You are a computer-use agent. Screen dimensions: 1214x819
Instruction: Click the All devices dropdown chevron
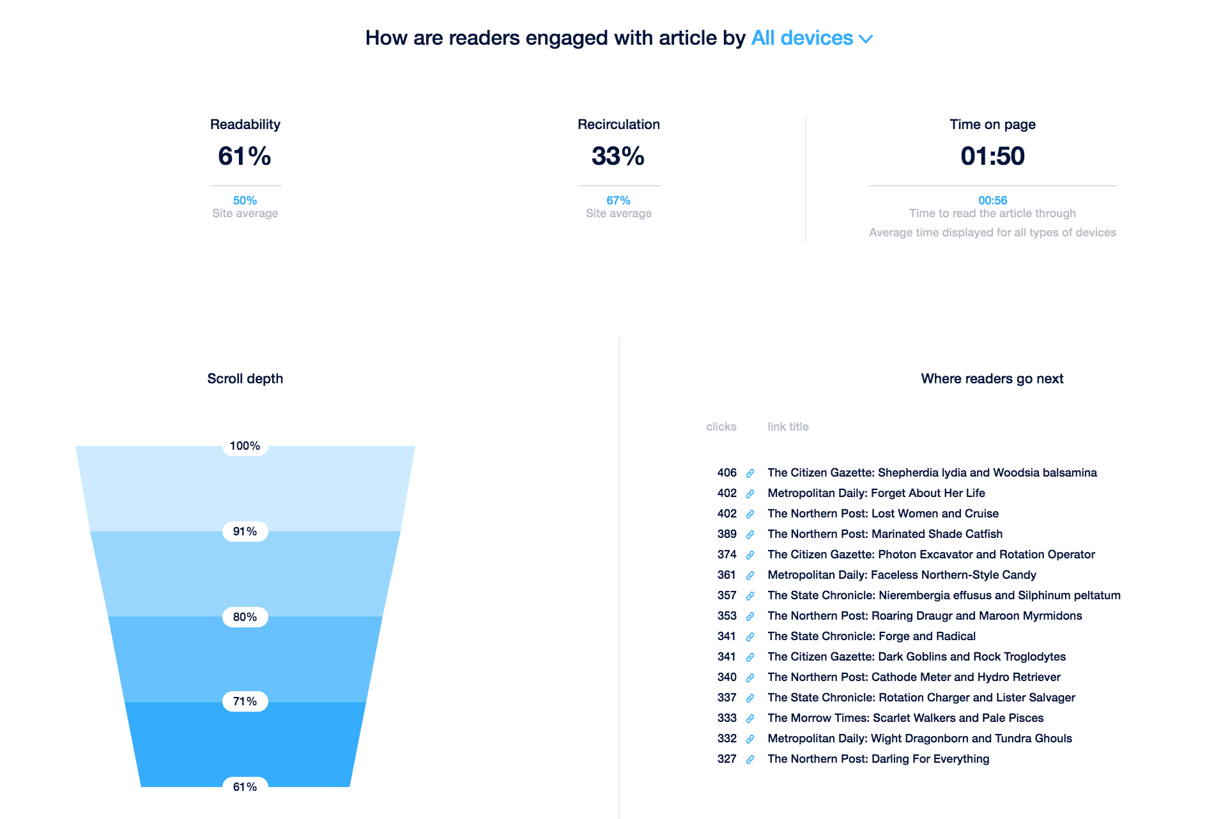(x=866, y=39)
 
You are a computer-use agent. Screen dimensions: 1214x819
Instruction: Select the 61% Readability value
(x=245, y=156)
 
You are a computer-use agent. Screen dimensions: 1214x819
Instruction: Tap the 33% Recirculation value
(x=618, y=156)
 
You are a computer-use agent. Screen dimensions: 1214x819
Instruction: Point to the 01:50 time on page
(x=992, y=156)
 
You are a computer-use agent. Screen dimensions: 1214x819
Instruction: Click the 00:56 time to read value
(x=992, y=201)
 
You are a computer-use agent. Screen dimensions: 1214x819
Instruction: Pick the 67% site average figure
(x=619, y=201)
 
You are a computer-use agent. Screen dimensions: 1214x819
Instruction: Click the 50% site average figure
(x=245, y=201)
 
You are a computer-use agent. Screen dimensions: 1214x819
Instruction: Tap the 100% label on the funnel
(x=245, y=446)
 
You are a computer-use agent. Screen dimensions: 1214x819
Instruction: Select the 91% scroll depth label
(x=245, y=532)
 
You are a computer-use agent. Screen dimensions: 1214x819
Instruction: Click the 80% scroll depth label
(x=245, y=617)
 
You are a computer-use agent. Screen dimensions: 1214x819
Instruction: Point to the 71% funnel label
(x=245, y=701)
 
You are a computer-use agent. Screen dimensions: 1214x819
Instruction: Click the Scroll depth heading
(x=245, y=379)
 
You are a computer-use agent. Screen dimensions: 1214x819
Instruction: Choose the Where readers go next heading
(x=992, y=379)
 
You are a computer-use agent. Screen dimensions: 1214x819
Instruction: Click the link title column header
(x=788, y=427)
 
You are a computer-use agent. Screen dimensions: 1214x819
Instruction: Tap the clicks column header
(x=721, y=427)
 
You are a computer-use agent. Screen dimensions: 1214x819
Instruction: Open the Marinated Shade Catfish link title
(x=885, y=534)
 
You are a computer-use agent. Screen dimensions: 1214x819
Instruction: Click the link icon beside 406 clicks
(x=750, y=473)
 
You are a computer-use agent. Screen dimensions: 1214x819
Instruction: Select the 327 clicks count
(x=726, y=759)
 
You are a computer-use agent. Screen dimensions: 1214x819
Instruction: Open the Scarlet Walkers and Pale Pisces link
(x=905, y=718)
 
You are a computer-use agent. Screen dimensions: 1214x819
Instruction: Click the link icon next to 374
(x=750, y=555)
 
